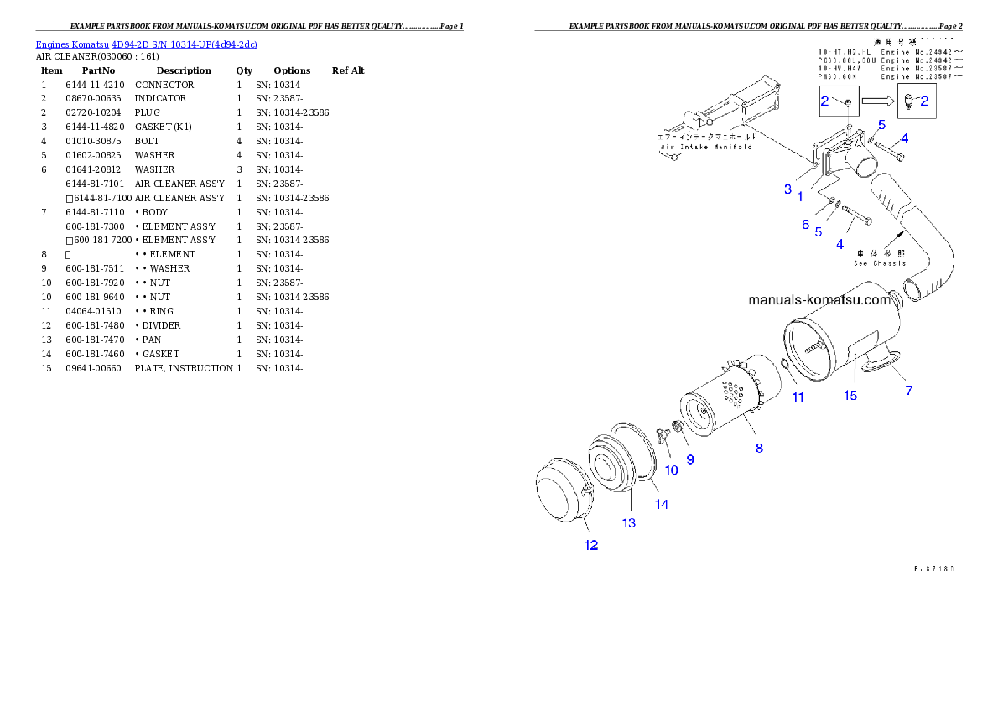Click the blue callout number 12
[591, 545]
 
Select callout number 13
[628, 523]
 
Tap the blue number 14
[662, 504]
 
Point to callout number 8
[759, 448]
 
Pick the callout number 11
[798, 397]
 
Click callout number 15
[850, 395]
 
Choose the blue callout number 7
[908, 390]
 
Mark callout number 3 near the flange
[787, 189]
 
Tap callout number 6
[805, 224]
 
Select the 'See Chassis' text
[880, 262]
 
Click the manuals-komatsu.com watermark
[819, 299]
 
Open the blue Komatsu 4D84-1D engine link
[146, 44]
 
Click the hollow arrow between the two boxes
[877, 101]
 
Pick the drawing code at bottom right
[933, 568]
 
